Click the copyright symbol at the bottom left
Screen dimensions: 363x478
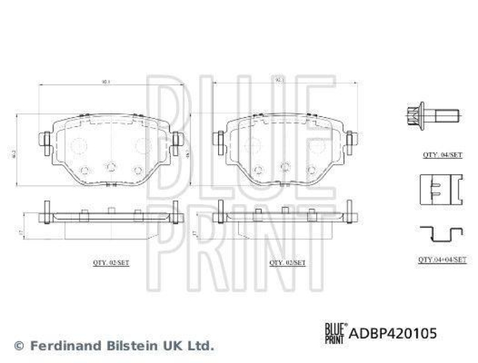19,346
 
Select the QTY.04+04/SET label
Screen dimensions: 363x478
442,260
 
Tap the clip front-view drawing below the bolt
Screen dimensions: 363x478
440,187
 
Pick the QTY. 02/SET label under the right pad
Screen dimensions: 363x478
288,262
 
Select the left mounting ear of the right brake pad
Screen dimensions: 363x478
219,140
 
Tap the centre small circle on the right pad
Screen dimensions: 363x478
285,167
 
